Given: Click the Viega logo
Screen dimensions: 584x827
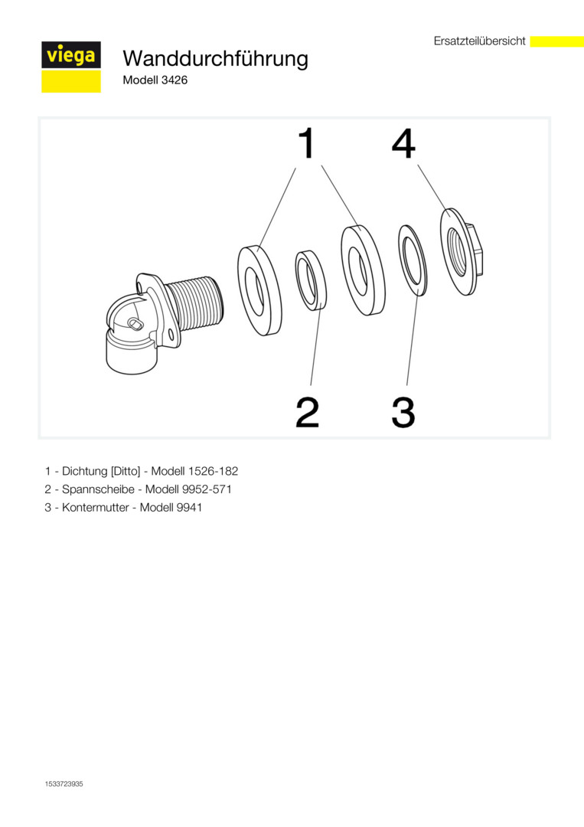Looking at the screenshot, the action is point(71,67).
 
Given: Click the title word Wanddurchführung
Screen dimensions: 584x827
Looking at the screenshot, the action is point(215,58).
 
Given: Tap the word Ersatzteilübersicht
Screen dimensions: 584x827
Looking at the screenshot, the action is point(480,41).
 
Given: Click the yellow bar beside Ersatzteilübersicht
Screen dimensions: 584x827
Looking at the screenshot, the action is point(556,41).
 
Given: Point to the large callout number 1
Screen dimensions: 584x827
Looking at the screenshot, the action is point(306,142).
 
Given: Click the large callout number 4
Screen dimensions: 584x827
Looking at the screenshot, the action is point(403,143).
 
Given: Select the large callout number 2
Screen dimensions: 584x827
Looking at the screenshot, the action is point(307,412).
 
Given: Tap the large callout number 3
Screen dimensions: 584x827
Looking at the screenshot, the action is point(403,413).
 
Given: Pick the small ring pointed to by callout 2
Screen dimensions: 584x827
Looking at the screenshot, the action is point(311,279).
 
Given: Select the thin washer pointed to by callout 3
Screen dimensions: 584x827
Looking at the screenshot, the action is point(413,261).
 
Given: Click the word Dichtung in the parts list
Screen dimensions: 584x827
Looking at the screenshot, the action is point(85,471).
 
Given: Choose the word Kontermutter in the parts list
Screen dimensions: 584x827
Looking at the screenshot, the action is point(96,508).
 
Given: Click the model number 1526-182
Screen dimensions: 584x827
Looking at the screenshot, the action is point(213,471).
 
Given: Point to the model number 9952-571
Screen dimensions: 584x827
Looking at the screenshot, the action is point(207,489).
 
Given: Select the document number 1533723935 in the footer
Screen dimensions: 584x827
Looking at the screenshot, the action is point(64,784).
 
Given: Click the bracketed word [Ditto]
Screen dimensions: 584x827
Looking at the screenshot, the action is point(126,471).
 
